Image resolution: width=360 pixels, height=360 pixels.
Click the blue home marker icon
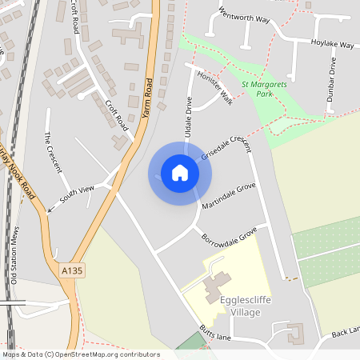point(179,173)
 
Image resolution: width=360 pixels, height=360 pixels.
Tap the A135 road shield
point(72,271)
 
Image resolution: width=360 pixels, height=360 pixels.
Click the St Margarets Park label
point(263,89)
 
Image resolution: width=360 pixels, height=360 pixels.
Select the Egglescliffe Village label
point(240,306)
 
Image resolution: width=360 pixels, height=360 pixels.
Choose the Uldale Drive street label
point(189,118)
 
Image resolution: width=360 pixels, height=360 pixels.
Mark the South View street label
point(78,193)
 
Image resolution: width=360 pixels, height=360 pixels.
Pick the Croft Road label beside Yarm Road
point(116,115)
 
